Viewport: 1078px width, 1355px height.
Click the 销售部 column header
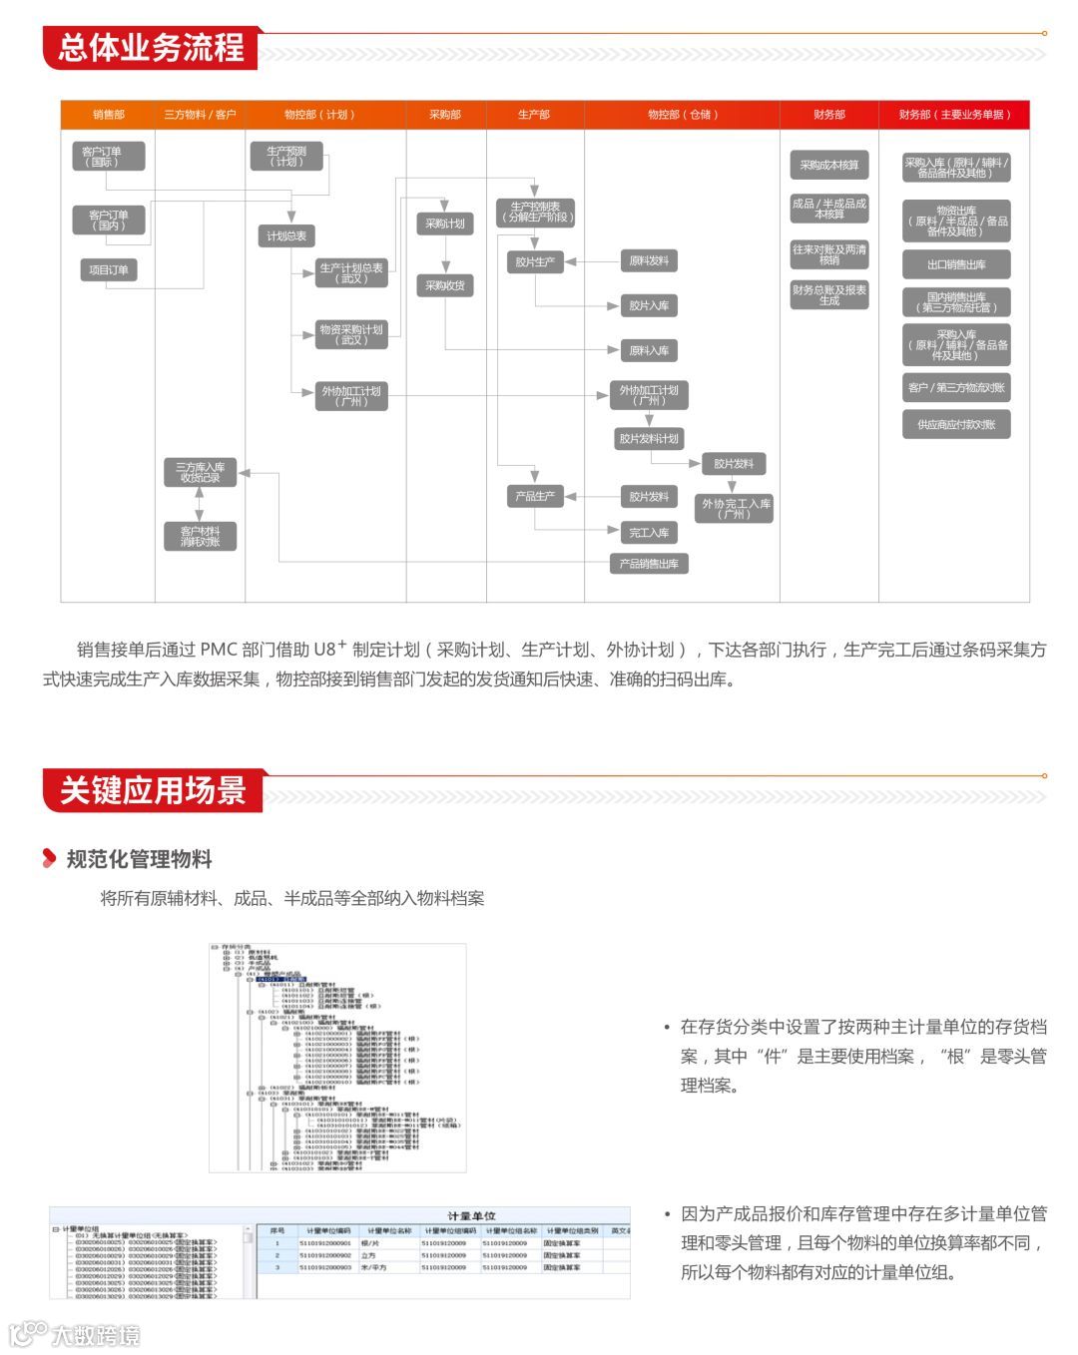pyautogui.click(x=108, y=115)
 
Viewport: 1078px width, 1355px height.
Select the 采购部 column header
pyautogui.click(x=445, y=115)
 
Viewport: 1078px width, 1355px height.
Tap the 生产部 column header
pyautogui.click(x=534, y=115)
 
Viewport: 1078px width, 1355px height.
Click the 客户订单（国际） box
pyautogui.click(x=108, y=156)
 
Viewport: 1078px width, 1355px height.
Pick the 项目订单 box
pyautogui.click(x=109, y=270)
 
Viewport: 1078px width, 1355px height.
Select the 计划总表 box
pyautogui.click(x=286, y=236)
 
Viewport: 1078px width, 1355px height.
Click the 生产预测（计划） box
pyautogui.click(x=287, y=156)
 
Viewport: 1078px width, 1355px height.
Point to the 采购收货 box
pyautogui.click(x=445, y=285)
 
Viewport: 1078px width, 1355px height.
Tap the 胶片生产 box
pyautogui.click(x=535, y=262)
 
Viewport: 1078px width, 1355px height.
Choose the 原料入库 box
pyautogui.click(x=649, y=350)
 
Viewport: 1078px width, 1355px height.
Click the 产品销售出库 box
pyautogui.click(x=649, y=564)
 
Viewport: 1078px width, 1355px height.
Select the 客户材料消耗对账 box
pyautogui.click(x=200, y=536)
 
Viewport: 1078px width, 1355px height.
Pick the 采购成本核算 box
pyautogui.click(x=828, y=165)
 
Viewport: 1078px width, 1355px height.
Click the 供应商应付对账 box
pyautogui.click(x=956, y=424)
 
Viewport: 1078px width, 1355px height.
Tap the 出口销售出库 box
pyautogui.click(x=956, y=264)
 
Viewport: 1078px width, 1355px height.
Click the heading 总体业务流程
pyautogui.click(x=151, y=48)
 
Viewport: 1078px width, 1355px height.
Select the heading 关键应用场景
pyautogui.click(x=153, y=790)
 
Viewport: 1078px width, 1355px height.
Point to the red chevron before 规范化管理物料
pyautogui.click(x=49, y=858)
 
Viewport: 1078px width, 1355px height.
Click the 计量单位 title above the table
pyautogui.click(x=471, y=1215)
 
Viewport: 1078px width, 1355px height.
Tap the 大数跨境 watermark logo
pyautogui.click(x=74, y=1334)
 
